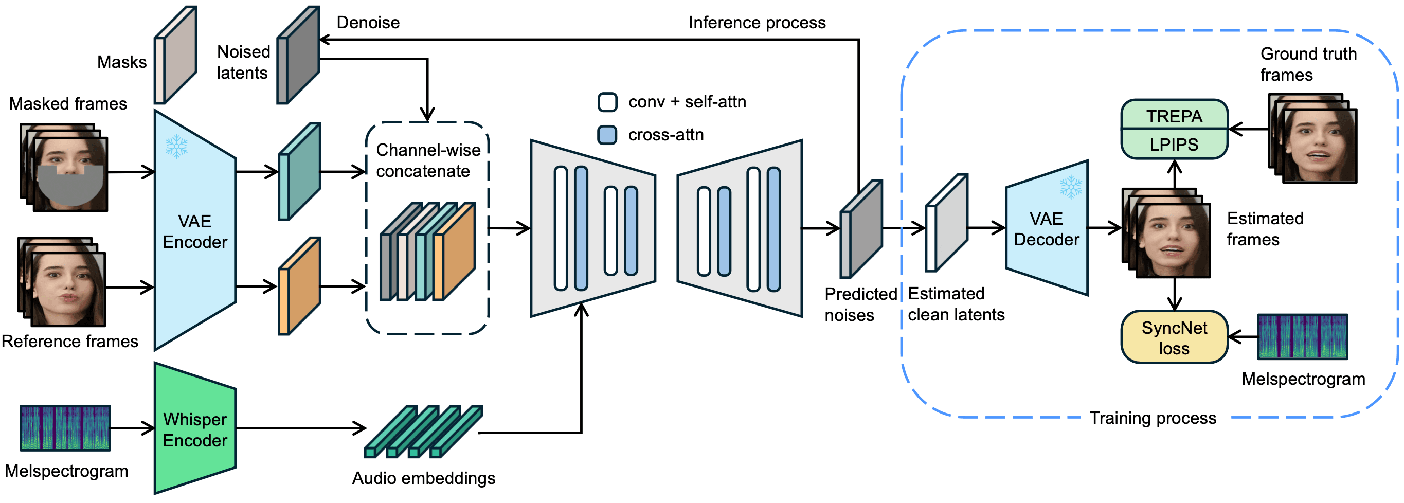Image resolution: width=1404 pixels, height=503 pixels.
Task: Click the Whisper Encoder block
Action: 194,429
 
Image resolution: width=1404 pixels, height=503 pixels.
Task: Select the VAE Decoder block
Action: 1046,229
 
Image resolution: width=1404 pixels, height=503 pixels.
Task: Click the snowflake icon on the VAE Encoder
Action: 176,146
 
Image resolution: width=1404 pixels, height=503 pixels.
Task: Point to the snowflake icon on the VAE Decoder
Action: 1070,187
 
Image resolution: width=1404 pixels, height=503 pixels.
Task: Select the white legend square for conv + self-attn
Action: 607,102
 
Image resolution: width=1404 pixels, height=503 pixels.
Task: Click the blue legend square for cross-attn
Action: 607,135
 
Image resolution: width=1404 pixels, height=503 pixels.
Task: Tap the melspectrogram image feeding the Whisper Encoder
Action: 65,428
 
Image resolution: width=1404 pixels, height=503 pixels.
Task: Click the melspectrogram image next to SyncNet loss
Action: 1302,336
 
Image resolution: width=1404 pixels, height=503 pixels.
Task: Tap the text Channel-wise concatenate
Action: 428,160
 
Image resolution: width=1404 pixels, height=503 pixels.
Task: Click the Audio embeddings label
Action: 423,478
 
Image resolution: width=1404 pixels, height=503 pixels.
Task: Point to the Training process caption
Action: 1152,418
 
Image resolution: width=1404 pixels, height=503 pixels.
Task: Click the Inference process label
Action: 757,22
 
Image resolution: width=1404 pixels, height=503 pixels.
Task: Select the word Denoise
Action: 368,22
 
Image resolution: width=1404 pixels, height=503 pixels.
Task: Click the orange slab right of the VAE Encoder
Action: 299,286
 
